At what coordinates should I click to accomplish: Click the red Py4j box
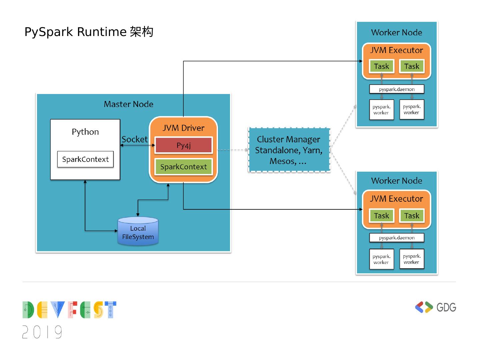[x=183, y=145]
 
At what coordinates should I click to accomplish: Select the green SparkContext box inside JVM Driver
[x=183, y=167]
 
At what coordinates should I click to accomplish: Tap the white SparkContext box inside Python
[x=85, y=159]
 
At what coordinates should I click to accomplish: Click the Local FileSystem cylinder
[x=138, y=232]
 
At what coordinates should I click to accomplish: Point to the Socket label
[x=134, y=139]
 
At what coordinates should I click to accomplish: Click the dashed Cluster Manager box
[x=289, y=150]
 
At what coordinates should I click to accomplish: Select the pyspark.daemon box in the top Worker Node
[x=397, y=89]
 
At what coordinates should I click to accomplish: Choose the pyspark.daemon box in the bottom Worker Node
[x=397, y=238]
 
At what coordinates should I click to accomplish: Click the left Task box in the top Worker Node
[x=381, y=66]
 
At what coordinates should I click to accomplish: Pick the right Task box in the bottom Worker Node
[x=412, y=216]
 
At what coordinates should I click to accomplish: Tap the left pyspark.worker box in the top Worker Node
[x=381, y=110]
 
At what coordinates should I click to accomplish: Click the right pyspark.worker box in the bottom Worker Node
[x=412, y=259]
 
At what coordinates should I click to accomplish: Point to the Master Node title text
[x=129, y=104]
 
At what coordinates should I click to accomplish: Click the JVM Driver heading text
[x=183, y=128]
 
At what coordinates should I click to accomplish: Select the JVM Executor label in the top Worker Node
[x=396, y=50]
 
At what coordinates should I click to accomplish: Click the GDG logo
[x=435, y=307]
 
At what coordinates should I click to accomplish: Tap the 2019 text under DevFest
[x=42, y=332]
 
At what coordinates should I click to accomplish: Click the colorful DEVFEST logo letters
[x=69, y=310]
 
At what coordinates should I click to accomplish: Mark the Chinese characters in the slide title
[x=142, y=32]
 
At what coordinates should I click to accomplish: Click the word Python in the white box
[x=85, y=132]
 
